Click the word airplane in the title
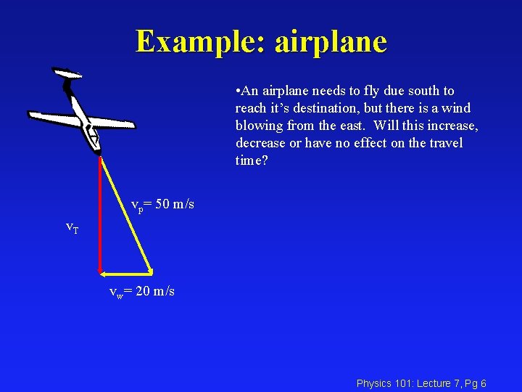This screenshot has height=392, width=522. (331, 42)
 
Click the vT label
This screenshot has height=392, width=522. (72, 227)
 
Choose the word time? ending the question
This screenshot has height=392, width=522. (252, 160)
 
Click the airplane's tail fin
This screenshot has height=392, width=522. (67, 74)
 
